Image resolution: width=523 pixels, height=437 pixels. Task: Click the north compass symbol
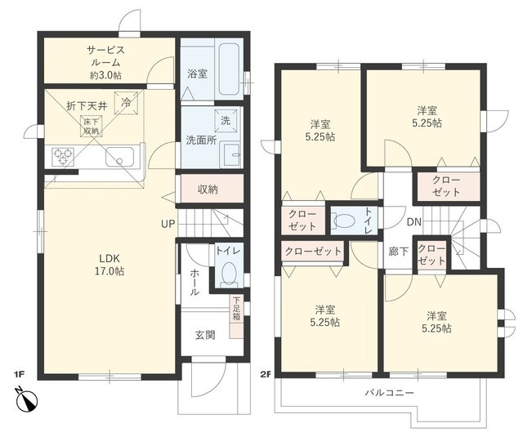(x=28, y=399)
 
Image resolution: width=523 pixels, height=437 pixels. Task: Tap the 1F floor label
(x=20, y=374)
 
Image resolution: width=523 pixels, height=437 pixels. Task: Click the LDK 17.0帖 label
(x=110, y=265)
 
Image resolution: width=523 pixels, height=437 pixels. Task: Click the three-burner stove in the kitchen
(x=63, y=157)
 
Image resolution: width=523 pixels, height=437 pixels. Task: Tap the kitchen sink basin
(x=120, y=157)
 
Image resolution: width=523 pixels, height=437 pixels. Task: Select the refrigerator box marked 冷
(x=126, y=103)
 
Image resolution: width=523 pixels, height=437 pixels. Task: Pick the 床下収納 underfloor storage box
(x=91, y=127)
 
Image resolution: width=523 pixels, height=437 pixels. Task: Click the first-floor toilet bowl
(x=229, y=274)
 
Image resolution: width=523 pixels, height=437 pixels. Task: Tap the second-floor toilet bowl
(x=345, y=221)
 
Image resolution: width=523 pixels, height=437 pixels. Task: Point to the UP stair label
(x=168, y=224)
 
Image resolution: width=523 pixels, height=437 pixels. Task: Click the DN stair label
(x=414, y=222)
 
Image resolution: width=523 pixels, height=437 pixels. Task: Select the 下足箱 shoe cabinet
(x=236, y=316)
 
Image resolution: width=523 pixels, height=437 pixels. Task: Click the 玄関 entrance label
(x=205, y=336)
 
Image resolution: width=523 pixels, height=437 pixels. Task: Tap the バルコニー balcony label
(x=389, y=393)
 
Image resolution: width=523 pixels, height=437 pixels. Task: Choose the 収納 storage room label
(x=208, y=190)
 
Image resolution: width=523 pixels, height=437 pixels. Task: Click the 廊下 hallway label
(x=398, y=252)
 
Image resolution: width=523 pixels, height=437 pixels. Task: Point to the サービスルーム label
(x=105, y=56)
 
